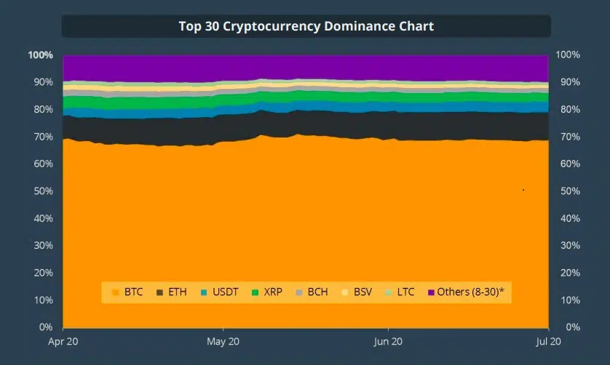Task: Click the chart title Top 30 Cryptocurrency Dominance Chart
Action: (306, 26)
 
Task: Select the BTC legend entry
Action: (128, 292)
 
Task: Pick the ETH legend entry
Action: (172, 292)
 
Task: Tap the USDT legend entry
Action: (218, 292)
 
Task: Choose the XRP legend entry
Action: (266, 292)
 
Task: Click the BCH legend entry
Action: (312, 292)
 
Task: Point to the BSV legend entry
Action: (357, 292)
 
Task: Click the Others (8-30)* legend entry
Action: (465, 292)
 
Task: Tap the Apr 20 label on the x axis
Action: (63, 340)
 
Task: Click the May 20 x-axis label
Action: (224, 340)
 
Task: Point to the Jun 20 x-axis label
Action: (387, 340)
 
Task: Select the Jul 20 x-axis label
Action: (547, 340)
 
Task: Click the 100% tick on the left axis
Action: (40, 55)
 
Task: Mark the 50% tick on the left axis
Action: (42, 191)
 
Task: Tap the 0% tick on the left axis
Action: (45, 327)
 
